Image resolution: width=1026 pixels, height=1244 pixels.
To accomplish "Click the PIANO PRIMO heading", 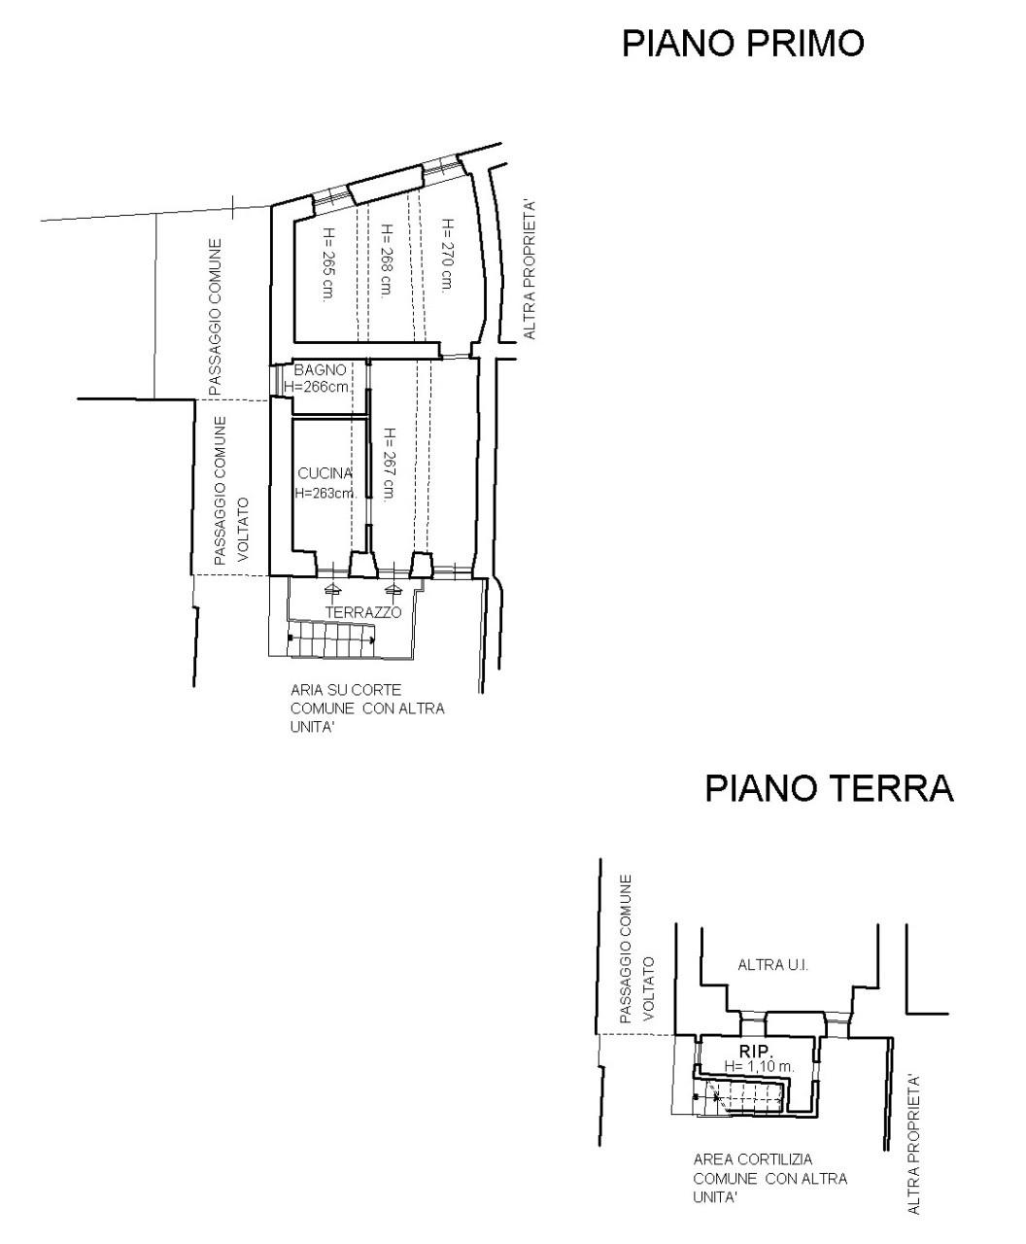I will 742,44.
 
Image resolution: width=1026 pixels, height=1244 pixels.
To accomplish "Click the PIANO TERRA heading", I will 829,788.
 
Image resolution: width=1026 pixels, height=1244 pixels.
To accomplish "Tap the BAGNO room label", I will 320,370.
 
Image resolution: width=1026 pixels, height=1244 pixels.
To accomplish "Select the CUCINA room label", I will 325,473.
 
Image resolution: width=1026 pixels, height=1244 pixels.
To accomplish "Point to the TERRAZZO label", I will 362,613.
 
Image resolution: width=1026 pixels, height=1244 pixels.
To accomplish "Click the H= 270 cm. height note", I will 446,254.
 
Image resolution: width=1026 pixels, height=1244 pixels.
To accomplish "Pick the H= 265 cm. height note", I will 327,264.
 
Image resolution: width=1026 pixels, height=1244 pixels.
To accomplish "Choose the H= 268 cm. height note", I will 386,261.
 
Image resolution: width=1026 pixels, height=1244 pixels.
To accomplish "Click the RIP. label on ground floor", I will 756,1052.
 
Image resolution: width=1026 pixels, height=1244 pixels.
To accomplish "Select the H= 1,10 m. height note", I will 759,1067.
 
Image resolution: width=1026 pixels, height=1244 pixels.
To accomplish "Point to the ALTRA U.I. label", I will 773,966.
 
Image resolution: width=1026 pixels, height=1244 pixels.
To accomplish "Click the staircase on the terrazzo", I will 331,639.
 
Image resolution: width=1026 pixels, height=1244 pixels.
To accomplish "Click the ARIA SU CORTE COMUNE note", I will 367,708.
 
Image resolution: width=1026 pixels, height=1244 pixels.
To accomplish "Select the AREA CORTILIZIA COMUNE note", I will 769,1178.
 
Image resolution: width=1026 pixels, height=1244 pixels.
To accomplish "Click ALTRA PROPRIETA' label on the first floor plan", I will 530,269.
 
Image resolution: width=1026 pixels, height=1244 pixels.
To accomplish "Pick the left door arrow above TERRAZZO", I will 332,589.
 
